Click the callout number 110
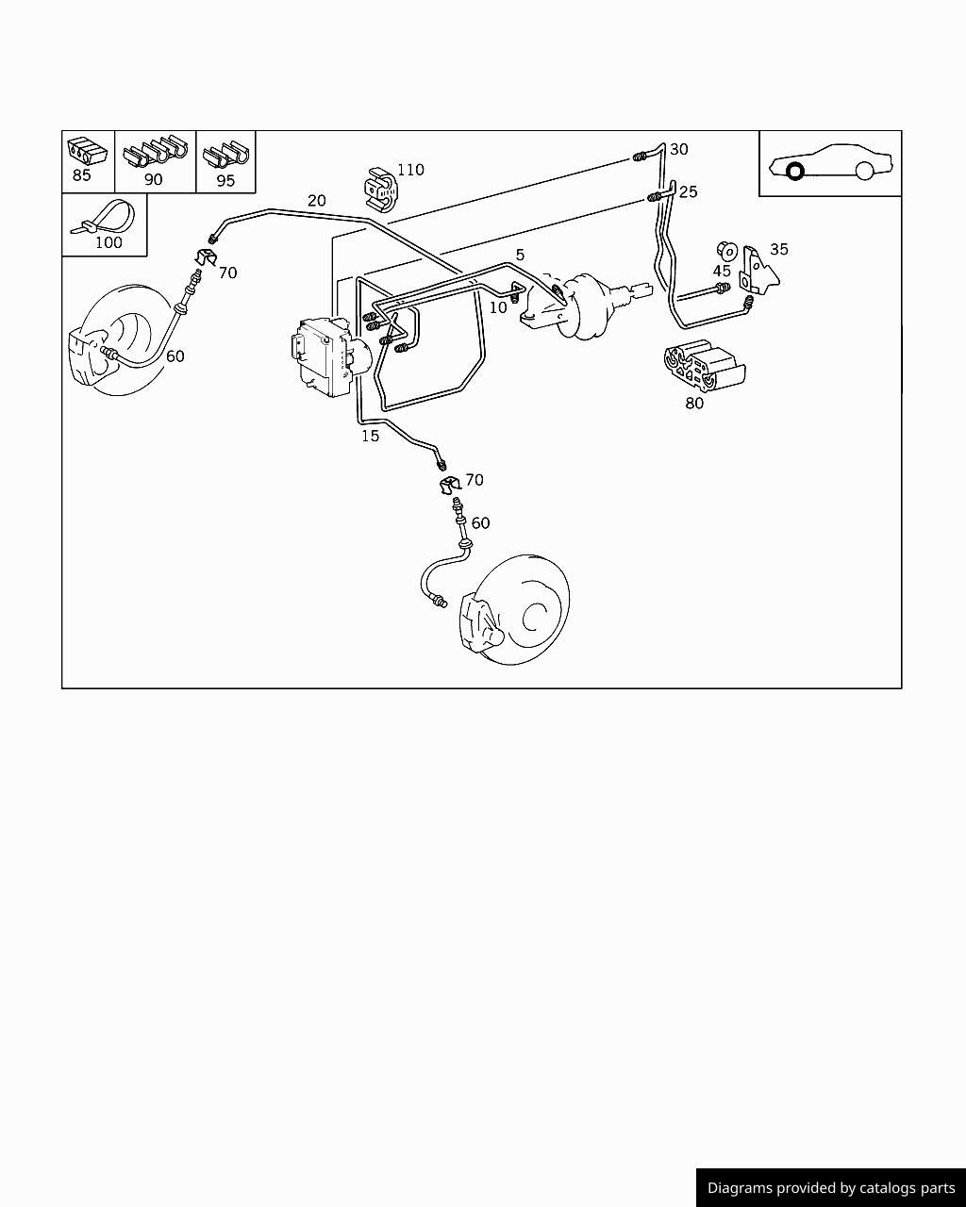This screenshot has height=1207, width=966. pos(411,170)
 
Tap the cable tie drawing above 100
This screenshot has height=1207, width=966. pos(104,218)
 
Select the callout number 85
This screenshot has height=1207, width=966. pos(81,175)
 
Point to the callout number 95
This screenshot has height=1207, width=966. pos(225,181)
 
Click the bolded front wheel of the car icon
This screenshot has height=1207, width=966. pos(795,171)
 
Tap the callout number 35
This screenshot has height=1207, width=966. pos(779,249)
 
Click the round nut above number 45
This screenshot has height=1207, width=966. pos(727,251)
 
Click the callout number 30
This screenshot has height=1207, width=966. pos(678,149)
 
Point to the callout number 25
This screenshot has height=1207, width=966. pos(688,191)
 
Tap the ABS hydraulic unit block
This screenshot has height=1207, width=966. pos(328,355)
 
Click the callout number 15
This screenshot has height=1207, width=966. pos(370,436)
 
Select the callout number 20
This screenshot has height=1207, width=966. pos(317,200)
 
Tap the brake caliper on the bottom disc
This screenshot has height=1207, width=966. pos(481,623)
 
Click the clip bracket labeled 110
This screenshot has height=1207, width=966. pos(380,190)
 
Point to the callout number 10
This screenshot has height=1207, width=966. pos(498,307)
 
